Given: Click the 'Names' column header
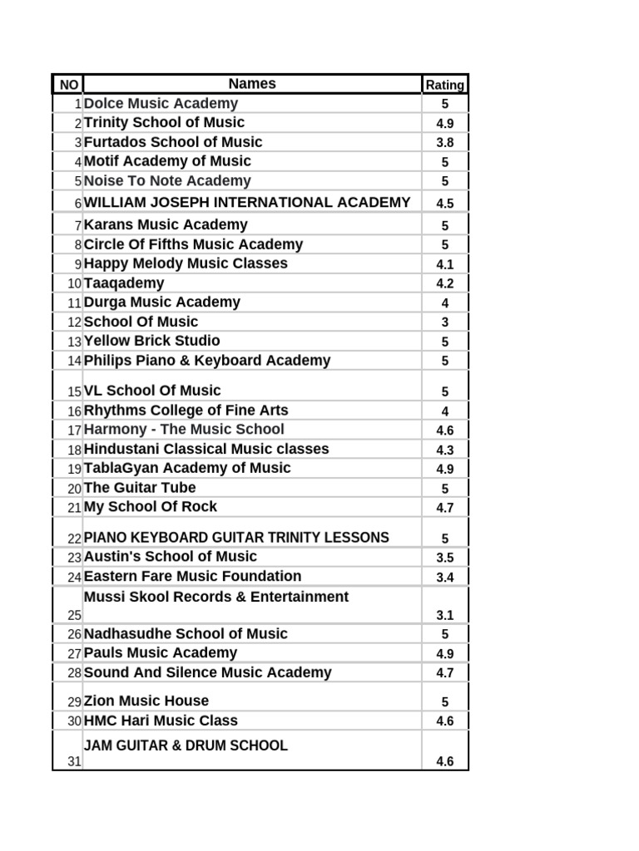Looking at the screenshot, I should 252,84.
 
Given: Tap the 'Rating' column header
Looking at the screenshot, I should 444,85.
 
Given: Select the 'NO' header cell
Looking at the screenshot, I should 68,85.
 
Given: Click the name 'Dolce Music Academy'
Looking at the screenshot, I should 161,104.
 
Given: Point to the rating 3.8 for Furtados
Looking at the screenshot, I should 444,142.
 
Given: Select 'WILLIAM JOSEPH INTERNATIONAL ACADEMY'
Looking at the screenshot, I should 247,202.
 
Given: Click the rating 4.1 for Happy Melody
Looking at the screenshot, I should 444,264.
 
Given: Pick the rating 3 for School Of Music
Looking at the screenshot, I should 444,322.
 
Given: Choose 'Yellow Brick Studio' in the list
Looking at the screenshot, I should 152,341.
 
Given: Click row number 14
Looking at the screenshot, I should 75,362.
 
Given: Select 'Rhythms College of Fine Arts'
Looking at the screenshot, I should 186,411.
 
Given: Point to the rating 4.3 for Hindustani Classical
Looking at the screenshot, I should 444,450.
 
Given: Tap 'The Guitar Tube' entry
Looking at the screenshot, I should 140,488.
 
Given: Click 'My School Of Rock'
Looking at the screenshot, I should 151,507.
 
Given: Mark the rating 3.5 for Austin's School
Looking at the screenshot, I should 444,558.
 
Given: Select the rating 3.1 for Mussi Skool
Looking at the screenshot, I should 444,616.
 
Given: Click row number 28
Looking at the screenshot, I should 75,673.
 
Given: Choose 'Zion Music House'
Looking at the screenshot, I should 146,701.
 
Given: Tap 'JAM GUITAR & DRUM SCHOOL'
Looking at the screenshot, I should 186,745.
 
